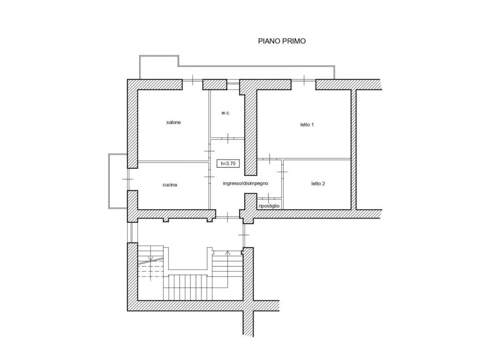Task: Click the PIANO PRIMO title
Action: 282,41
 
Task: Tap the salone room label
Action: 173,122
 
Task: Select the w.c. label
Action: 225,113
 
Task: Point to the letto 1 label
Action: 307,125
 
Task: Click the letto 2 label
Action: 318,184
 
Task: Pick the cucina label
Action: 170,185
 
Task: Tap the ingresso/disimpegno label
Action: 246,183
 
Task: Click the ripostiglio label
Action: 269,206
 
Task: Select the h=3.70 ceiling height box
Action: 228,164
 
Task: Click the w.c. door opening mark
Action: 228,138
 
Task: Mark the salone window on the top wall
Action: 193,80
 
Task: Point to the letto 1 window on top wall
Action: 304,80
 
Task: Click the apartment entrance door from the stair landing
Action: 228,217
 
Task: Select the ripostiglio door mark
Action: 269,197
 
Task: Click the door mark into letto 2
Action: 282,172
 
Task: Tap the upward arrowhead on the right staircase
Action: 227,253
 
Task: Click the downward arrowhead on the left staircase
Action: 150,259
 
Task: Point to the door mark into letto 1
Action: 270,159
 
